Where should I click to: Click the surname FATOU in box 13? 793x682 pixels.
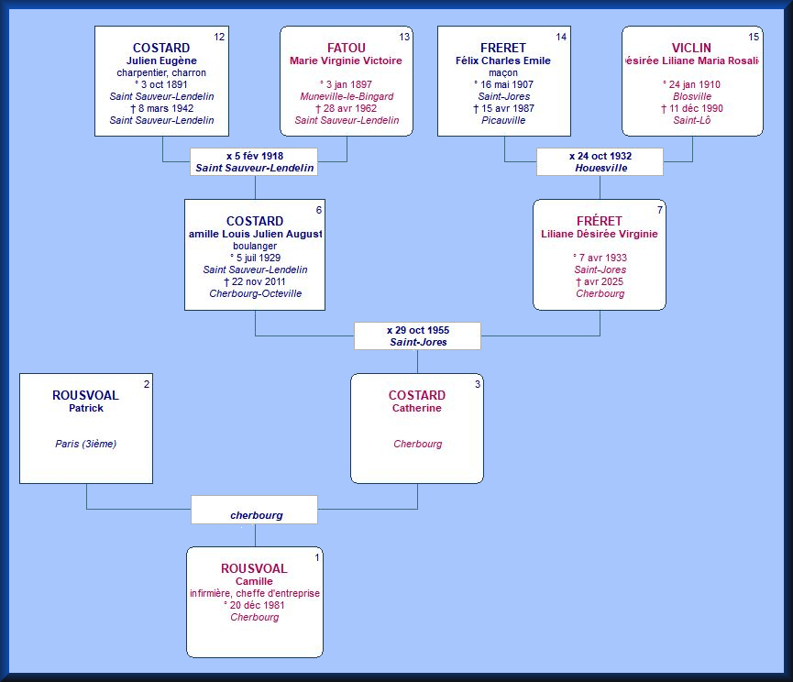(346, 49)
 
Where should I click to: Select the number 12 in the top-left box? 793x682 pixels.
(219, 37)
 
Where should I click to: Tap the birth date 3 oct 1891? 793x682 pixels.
(161, 84)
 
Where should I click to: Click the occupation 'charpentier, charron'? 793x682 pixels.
(161, 72)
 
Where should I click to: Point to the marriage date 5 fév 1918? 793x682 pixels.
(254, 156)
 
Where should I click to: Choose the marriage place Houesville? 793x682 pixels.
(600, 169)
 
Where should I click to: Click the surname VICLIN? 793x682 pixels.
(691, 49)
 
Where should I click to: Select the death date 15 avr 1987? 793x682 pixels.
(503, 108)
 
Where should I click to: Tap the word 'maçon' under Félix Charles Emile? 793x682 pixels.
(503, 72)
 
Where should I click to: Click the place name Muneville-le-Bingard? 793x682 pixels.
(346, 96)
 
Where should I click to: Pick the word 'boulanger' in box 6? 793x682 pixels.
(255, 246)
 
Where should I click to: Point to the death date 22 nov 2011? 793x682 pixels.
(255, 281)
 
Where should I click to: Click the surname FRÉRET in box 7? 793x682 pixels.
(600, 222)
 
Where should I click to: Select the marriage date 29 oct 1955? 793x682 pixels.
(417, 329)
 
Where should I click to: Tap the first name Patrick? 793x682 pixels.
(85, 408)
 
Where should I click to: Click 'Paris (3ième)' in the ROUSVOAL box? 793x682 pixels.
(85, 444)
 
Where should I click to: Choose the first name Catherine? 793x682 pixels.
(417, 408)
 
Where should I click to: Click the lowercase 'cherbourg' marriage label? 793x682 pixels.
(256, 515)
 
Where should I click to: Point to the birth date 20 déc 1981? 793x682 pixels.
(255, 605)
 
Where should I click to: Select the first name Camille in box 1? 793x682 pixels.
(254, 581)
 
